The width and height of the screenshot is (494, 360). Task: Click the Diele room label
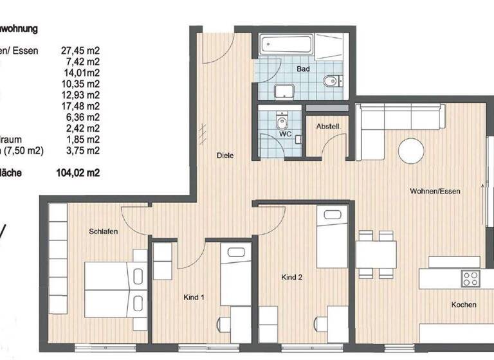(225, 156)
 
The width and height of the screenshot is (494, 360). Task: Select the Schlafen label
(103, 231)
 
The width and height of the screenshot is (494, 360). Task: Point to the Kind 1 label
(194, 298)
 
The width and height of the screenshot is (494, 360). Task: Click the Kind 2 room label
(291, 278)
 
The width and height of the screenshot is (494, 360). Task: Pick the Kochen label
(463, 305)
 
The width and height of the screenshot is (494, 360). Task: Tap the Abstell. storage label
(328, 127)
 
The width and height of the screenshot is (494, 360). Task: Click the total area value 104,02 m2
(80, 172)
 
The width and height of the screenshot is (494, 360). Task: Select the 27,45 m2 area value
(80, 50)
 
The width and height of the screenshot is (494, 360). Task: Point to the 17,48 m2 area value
(80, 105)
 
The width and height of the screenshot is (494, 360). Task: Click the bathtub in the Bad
(286, 46)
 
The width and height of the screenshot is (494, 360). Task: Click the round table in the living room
(411, 152)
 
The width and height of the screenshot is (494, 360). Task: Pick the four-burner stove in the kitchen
(470, 279)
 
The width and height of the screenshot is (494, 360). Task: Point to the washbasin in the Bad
(283, 91)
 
